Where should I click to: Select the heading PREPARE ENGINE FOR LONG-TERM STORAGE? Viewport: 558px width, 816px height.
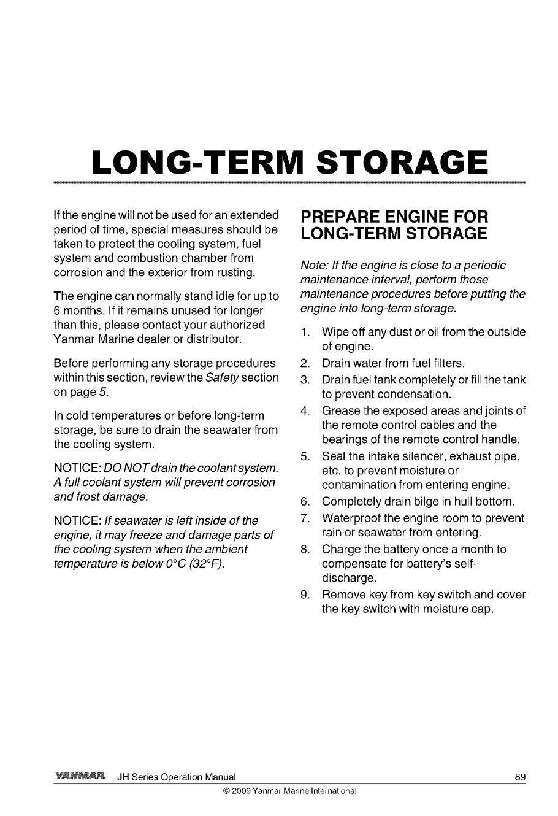(392, 225)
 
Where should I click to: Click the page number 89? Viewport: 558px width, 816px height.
(520, 777)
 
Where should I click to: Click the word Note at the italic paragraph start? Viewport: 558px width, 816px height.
(313, 265)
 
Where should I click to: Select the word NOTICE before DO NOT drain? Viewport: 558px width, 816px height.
(72, 469)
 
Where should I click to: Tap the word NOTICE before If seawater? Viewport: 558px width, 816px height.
(72, 521)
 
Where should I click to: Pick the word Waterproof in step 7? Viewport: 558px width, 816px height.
(352, 518)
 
